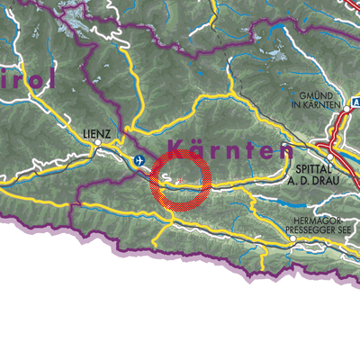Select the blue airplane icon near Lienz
(139, 160)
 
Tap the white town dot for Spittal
(329, 157)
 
